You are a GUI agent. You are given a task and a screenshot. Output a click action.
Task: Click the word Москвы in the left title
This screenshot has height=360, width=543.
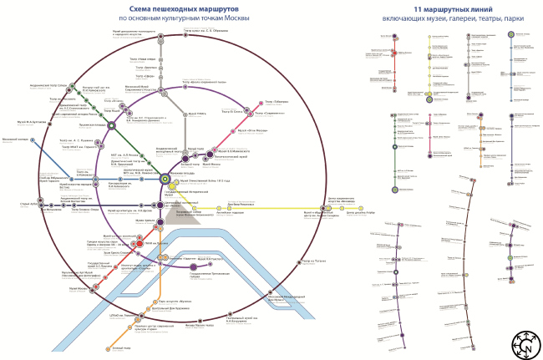point(214,18)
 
